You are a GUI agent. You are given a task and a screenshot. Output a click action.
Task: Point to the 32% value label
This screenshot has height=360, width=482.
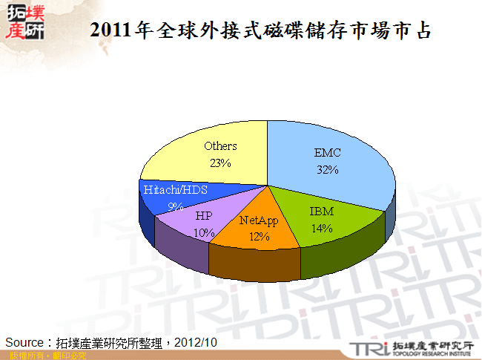(326, 170)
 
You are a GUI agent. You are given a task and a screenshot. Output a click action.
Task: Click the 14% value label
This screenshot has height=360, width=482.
(321, 229)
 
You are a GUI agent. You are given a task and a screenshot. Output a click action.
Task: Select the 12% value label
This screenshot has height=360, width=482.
(260, 237)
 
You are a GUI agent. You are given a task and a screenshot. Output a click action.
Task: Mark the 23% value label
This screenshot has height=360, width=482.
(220, 163)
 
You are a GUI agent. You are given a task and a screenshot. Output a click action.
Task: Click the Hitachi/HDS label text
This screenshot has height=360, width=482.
(176, 190)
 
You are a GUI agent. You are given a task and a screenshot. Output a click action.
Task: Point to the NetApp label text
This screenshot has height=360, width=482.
(260, 220)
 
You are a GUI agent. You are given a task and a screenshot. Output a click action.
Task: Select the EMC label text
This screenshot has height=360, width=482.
(327, 153)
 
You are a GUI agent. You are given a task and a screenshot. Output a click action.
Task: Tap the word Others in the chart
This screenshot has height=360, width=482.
(220, 146)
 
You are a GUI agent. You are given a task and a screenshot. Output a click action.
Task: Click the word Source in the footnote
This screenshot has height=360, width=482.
(25, 342)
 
